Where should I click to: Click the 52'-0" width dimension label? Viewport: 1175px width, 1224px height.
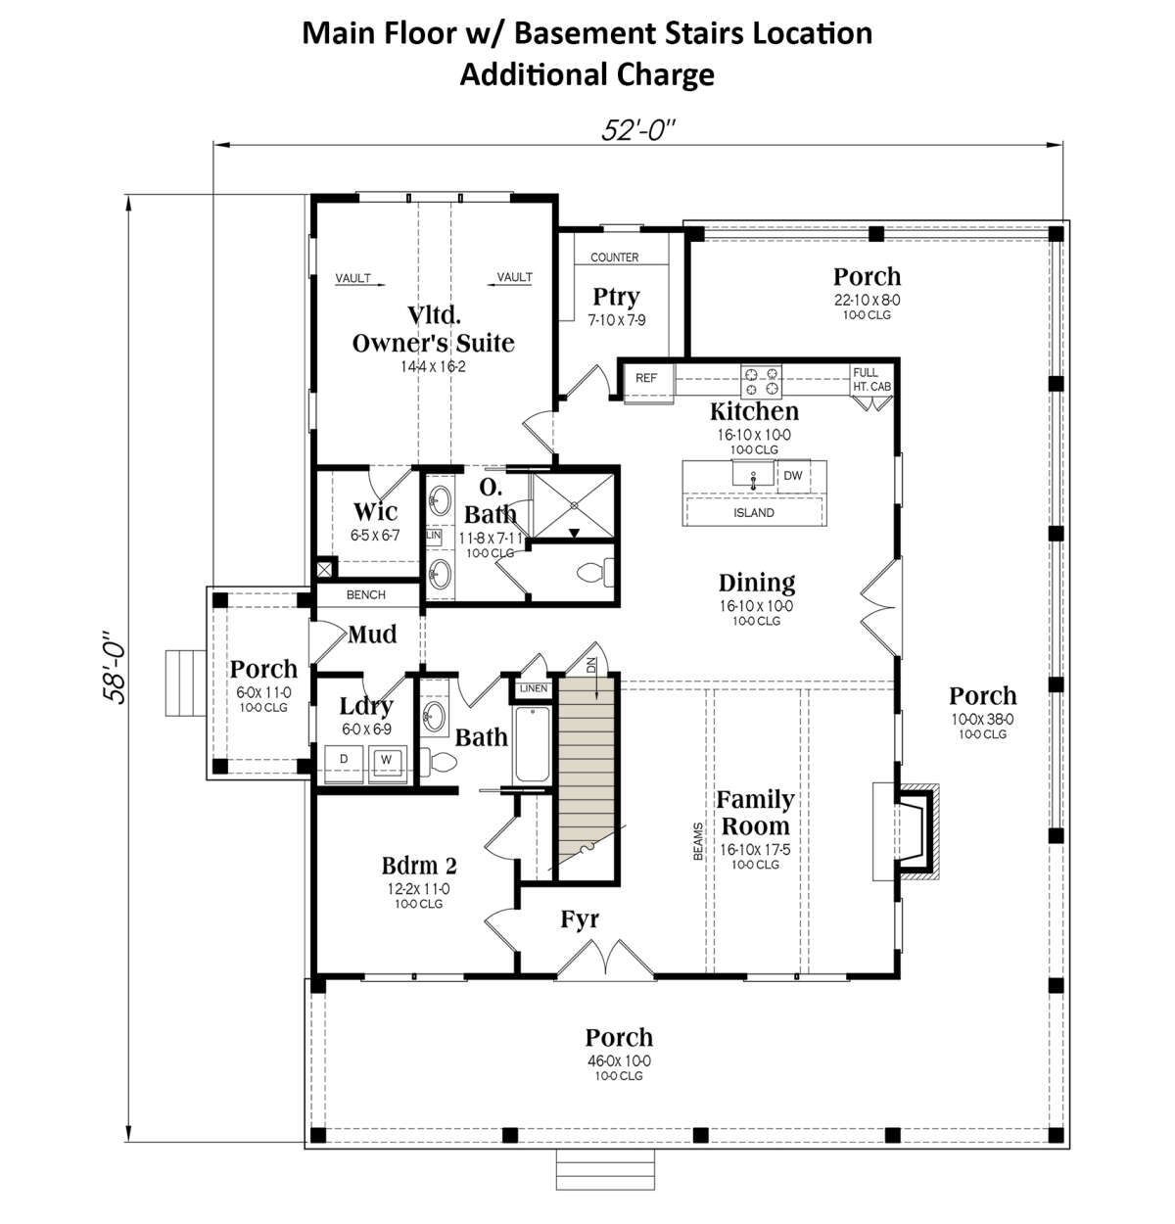637,130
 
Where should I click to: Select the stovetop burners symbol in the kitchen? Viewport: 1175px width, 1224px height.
761,381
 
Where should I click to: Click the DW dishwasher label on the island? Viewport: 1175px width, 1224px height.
792,476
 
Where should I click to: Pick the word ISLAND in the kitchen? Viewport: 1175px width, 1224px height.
754,513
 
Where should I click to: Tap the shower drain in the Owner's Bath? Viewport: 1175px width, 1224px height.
574,505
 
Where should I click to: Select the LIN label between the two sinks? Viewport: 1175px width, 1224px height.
434,536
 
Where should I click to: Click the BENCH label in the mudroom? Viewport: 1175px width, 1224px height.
366,594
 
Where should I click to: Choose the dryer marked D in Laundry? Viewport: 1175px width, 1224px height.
344,764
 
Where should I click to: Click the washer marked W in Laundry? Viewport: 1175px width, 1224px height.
387,764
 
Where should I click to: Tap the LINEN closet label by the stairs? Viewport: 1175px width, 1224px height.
534,688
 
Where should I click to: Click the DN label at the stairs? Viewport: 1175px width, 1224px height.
591,666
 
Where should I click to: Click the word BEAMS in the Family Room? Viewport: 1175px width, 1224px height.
698,841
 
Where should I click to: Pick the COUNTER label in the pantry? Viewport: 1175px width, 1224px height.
614,258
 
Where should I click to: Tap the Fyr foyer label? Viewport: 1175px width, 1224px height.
580,920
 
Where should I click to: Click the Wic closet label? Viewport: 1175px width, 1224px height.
375,512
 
